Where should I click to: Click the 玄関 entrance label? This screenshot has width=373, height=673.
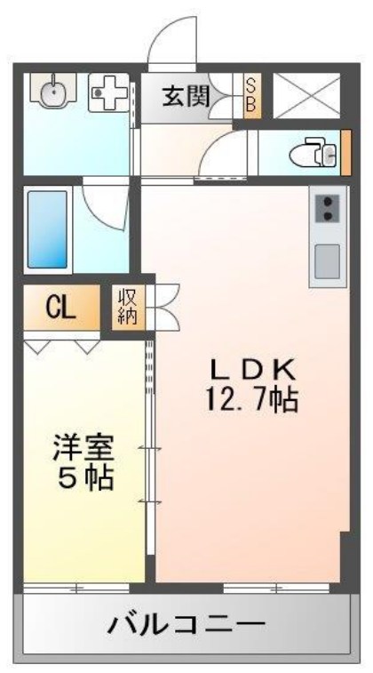[x=186, y=96]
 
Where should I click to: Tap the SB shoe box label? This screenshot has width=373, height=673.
[x=250, y=96]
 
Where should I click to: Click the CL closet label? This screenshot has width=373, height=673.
[x=60, y=308]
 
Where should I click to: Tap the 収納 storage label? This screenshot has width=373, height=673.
[x=124, y=307]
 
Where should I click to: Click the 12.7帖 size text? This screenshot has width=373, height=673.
[x=251, y=401]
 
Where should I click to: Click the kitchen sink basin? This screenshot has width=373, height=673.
[x=328, y=260]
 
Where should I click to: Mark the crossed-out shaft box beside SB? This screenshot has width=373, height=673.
[x=306, y=95]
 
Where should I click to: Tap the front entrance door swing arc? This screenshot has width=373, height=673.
[x=174, y=43]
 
